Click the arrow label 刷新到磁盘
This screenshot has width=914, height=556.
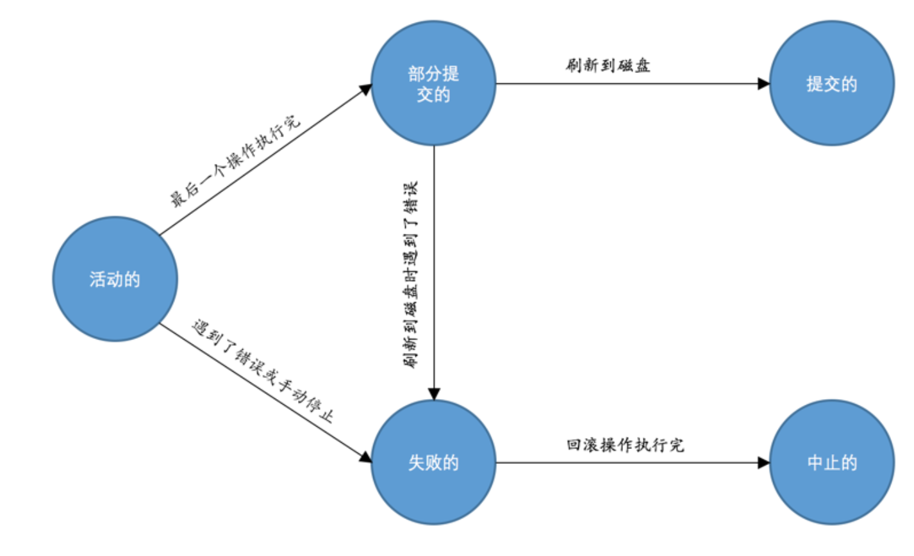pyautogui.click(x=608, y=65)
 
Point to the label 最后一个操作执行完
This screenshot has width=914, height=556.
pyautogui.click(x=235, y=161)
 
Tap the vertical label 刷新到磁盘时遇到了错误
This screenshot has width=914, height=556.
pyautogui.click(x=411, y=275)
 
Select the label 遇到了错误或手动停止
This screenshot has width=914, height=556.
pyautogui.click(x=263, y=371)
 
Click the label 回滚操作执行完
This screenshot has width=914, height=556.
pyautogui.click(x=625, y=445)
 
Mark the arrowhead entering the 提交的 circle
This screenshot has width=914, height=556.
pyautogui.click(x=763, y=83)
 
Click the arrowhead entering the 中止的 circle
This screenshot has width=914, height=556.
pyautogui.click(x=763, y=462)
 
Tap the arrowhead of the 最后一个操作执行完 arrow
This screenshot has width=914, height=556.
pyautogui.click(x=366, y=88)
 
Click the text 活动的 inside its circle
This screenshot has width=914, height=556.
pyautogui.click(x=115, y=279)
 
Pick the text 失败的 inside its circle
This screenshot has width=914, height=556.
pyautogui.click(x=434, y=462)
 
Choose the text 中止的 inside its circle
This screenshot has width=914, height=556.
pyautogui.click(x=831, y=462)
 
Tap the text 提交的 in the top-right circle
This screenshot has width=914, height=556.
pyautogui.click(x=831, y=84)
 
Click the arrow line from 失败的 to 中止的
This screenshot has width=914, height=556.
pyautogui.click(x=628, y=462)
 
